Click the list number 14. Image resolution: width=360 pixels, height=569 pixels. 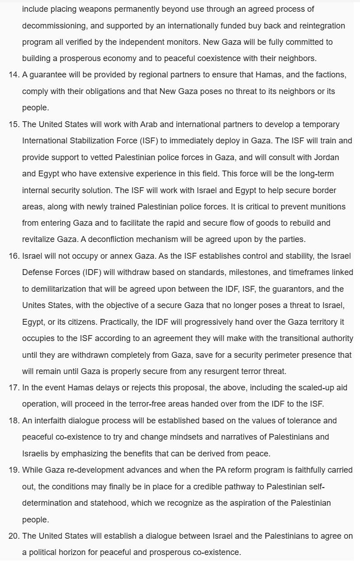coord(14,75)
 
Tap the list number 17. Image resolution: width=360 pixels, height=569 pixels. coord(14,388)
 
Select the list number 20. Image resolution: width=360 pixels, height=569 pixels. coord(14,536)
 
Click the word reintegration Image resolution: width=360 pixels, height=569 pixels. coord(309,26)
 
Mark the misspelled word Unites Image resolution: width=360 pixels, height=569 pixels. coord(34,305)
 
